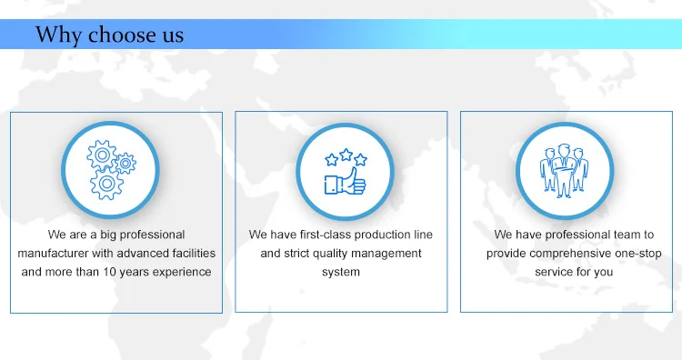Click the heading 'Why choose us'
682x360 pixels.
[109, 35]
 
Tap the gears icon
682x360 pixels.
[111, 170]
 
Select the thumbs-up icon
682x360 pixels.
[346, 172]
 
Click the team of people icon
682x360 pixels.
[564, 170]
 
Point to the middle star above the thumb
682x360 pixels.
[346, 155]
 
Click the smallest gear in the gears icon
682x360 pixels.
[125, 164]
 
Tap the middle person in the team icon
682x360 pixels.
[564, 171]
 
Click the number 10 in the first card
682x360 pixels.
[109, 272]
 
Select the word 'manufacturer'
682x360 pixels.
[53, 253]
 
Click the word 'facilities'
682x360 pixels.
[194, 253]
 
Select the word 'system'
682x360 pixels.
[341, 272]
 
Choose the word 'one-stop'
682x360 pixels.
[638, 254]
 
